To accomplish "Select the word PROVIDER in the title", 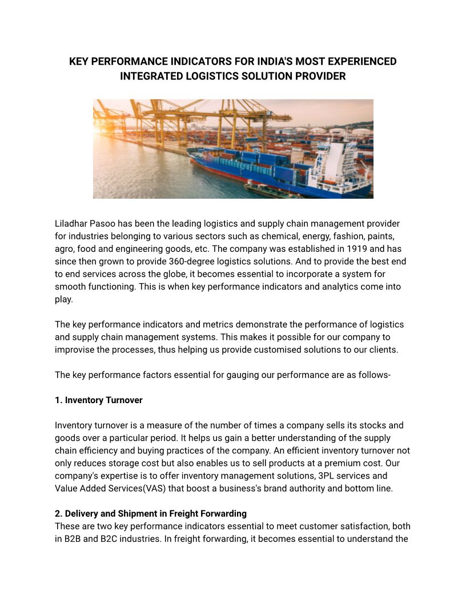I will (x=319, y=76).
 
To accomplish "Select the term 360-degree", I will (x=191, y=261).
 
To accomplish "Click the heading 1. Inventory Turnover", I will (x=99, y=400).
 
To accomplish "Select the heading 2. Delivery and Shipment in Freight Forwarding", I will (x=151, y=513).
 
